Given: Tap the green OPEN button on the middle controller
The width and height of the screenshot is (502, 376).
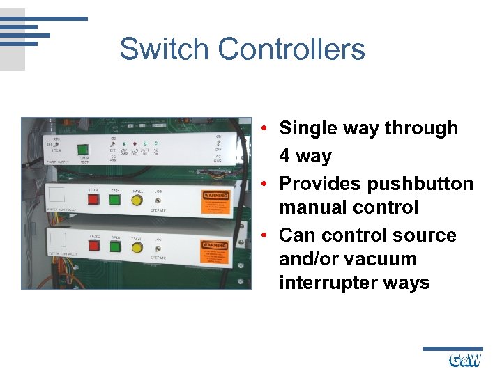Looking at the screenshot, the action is click(x=113, y=201).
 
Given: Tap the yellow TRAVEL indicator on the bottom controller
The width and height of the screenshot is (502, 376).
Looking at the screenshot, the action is click(x=137, y=247).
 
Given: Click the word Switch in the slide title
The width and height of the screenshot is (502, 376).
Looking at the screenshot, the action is click(x=165, y=49).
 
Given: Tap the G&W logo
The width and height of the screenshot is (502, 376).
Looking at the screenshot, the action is click(x=464, y=360).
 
